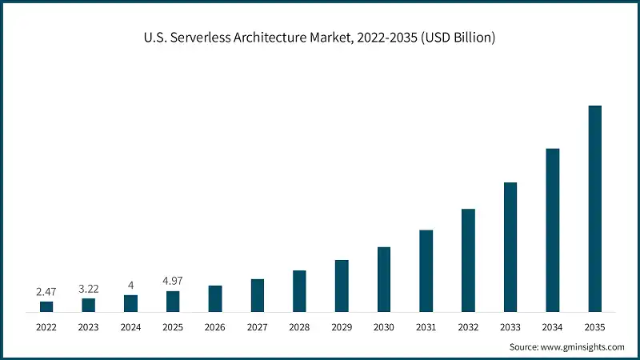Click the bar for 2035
(594, 208)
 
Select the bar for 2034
(553, 230)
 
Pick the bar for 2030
(384, 279)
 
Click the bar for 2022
(46, 306)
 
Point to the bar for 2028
(299, 290)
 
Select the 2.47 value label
(46, 292)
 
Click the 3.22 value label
(88, 289)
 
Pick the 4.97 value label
(173, 282)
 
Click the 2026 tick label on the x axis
(215, 326)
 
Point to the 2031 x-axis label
(426, 326)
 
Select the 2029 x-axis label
(342, 326)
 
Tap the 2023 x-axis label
(88, 326)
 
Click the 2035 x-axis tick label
(594, 326)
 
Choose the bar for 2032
(468, 260)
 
